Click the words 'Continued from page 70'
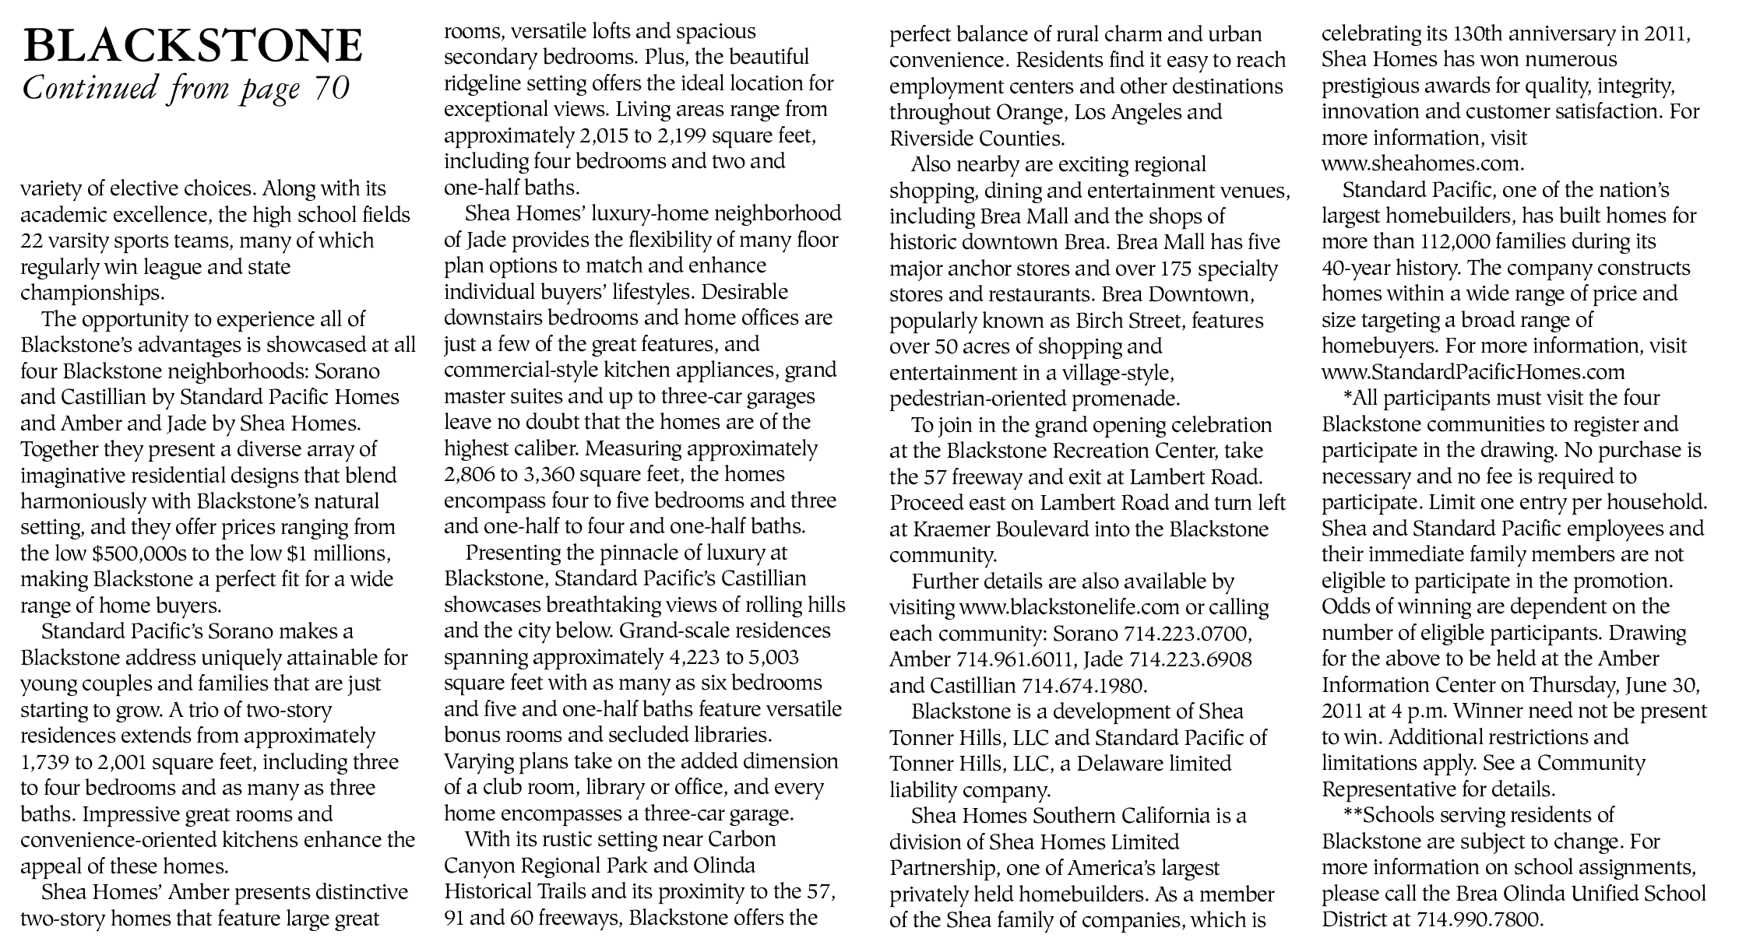pos(187,88)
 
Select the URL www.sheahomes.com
pos(1422,164)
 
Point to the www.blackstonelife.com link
pos(1072,607)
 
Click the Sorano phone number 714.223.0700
pos(1191,633)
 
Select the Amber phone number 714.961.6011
pos(1007,659)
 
